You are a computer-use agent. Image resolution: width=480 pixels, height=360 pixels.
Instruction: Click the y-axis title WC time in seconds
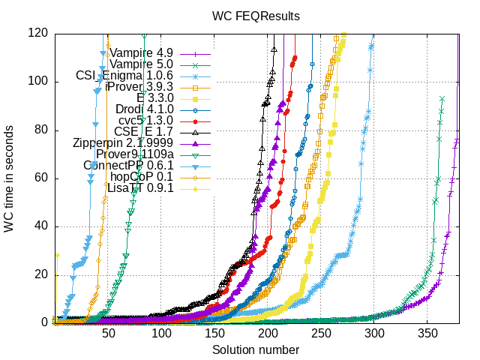pyautogui.click(x=10, y=178)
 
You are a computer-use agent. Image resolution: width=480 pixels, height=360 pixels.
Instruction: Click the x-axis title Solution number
pyautogui.click(x=255, y=349)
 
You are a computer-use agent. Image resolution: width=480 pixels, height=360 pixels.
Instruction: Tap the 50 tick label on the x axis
pyautogui.click(x=109, y=334)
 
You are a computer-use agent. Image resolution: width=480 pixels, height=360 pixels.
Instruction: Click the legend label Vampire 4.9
pyautogui.click(x=142, y=53)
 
